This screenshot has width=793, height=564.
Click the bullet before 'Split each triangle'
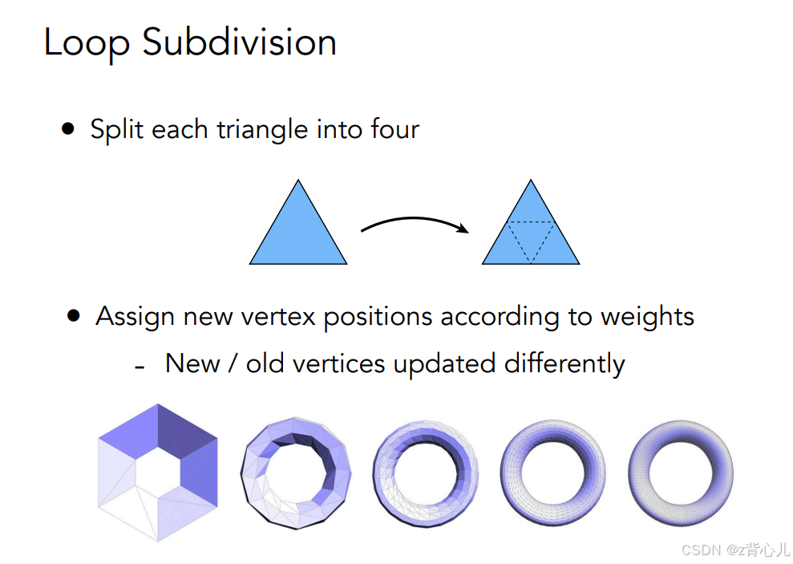[68, 128]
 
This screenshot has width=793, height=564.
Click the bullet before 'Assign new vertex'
[75, 316]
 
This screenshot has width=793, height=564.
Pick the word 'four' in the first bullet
[395, 129]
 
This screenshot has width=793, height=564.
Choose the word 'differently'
[564, 363]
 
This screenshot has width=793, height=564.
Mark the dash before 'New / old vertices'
[140, 366]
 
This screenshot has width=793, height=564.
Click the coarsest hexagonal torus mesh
[158, 472]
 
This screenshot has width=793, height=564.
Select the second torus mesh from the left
[296, 473]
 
